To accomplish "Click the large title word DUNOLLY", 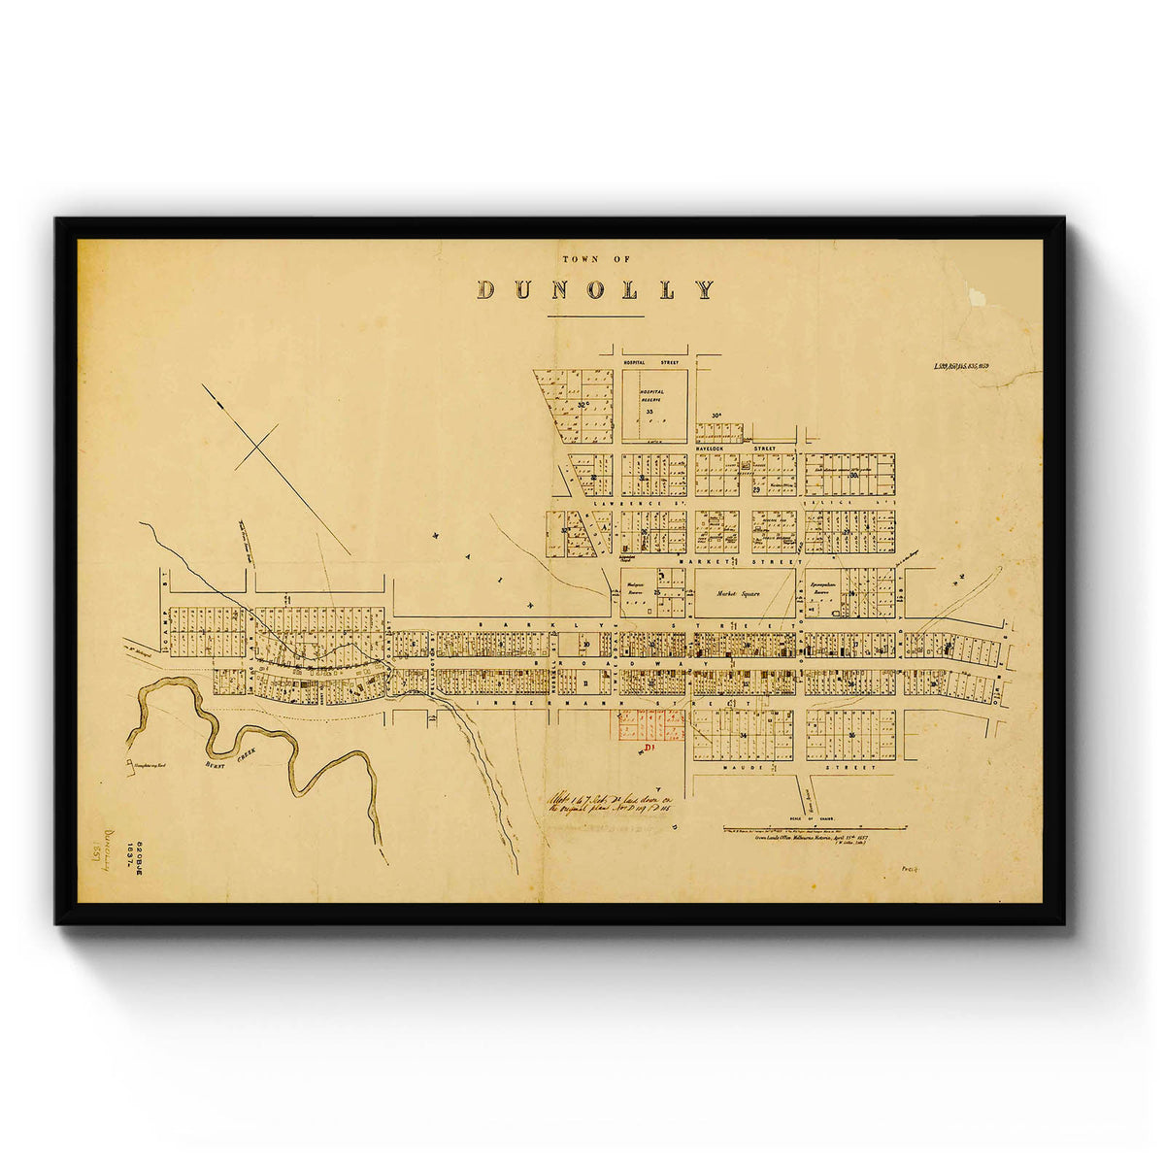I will [x=595, y=289].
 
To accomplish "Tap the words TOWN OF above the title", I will [x=596, y=259].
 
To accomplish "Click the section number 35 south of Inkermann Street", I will [x=850, y=735].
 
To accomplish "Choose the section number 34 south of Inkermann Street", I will [x=743, y=737].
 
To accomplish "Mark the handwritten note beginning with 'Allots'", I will [x=610, y=799].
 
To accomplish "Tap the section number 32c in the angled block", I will [x=582, y=405].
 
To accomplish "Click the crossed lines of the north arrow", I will [x=257, y=448].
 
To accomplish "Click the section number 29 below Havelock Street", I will [x=755, y=490].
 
